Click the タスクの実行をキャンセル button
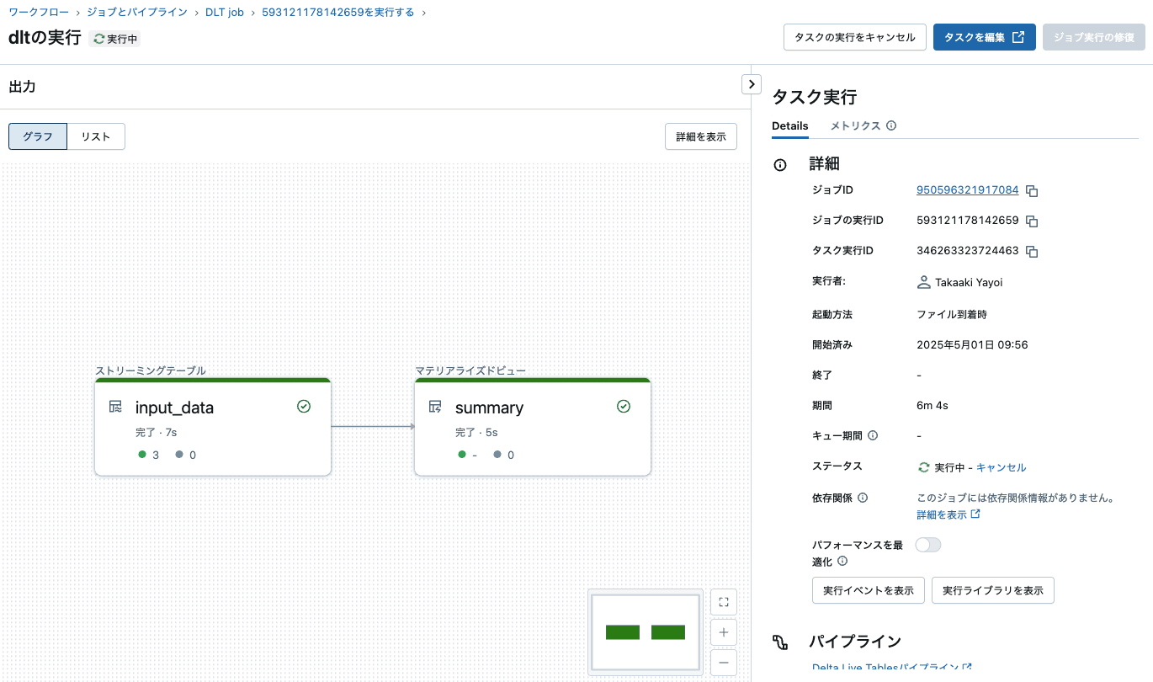[x=855, y=37]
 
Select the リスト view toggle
[x=96, y=136]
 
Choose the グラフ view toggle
[x=38, y=136]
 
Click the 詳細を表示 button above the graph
[x=701, y=136]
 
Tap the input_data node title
[x=174, y=408]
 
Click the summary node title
[x=489, y=408]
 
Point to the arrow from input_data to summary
[x=373, y=427]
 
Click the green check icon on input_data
[x=304, y=407]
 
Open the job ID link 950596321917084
[x=967, y=190]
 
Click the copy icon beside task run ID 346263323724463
[x=1032, y=252]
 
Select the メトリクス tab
[x=855, y=126]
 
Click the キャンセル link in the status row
[x=1001, y=467]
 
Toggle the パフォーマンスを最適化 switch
[x=928, y=545]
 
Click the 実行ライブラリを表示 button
[x=993, y=590]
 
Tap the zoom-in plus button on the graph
[x=724, y=632]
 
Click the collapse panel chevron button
[x=751, y=84]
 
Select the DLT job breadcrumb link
[x=224, y=13]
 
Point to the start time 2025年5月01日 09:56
[x=972, y=345]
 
